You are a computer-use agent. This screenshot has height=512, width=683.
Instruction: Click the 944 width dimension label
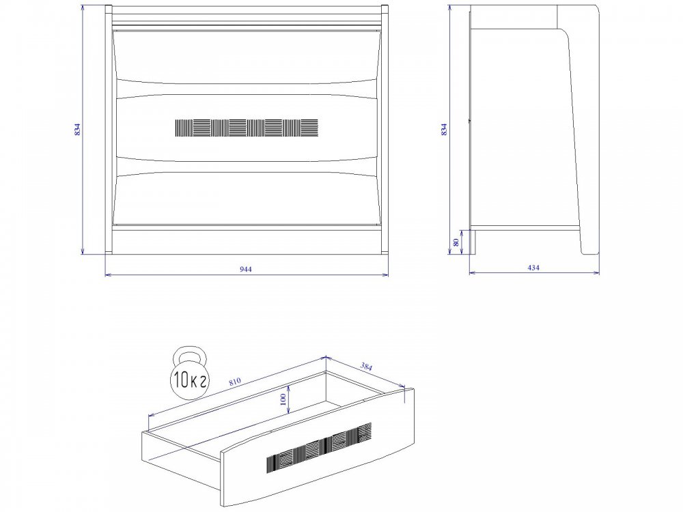(x=246, y=269)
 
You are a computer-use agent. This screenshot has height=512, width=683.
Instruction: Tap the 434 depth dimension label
(x=533, y=268)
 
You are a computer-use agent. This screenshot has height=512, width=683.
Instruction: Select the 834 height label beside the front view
(x=78, y=129)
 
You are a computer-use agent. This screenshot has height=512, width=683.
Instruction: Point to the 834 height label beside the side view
(x=444, y=129)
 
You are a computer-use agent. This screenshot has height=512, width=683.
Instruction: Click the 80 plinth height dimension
(x=456, y=242)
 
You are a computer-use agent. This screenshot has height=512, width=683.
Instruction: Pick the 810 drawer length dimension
(x=234, y=381)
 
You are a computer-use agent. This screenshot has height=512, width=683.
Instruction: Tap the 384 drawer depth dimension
(x=366, y=367)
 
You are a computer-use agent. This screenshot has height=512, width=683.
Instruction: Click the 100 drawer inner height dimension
(x=283, y=399)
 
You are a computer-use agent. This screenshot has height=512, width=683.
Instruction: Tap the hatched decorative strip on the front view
(x=247, y=128)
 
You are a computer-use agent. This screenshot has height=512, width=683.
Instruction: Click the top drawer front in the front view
(x=247, y=56)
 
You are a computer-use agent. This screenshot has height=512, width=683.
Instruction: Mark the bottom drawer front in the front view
(x=247, y=199)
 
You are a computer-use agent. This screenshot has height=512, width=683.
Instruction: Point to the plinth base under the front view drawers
(x=247, y=240)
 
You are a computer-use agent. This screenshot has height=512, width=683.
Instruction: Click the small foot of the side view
(x=472, y=242)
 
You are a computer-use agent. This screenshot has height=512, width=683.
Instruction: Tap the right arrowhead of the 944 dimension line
(x=385, y=274)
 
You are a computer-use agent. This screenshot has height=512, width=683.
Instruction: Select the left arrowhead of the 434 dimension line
(x=472, y=273)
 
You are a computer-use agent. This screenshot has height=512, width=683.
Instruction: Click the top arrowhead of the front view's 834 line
(x=83, y=8)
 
